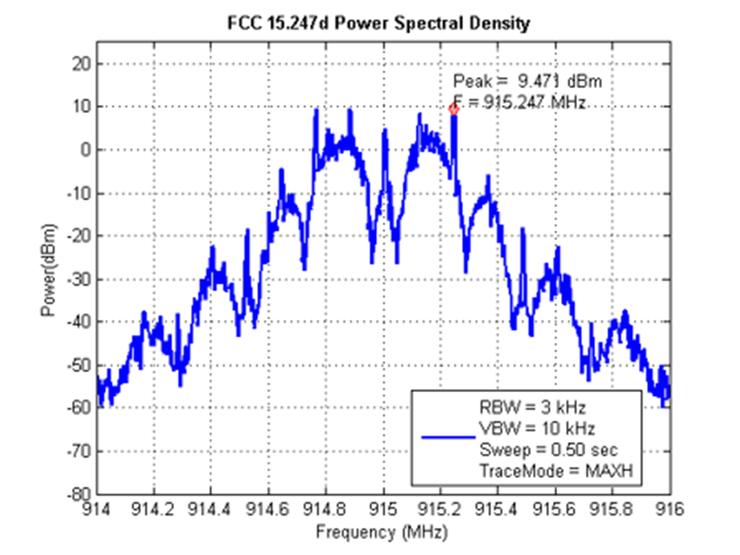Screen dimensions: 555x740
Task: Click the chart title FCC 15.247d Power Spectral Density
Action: tap(378, 24)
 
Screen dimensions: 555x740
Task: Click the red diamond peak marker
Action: tap(454, 110)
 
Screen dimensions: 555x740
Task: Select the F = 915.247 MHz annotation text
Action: tap(519, 103)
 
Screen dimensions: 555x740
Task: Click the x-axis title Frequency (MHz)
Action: tap(383, 531)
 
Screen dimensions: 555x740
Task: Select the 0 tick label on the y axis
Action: tap(86, 149)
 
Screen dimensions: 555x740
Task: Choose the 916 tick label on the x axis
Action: tap(670, 510)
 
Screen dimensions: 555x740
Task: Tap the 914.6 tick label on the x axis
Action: tap(269, 510)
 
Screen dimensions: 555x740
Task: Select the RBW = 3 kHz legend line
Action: tap(526, 406)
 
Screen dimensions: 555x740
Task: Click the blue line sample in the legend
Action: tap(448, 437)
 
